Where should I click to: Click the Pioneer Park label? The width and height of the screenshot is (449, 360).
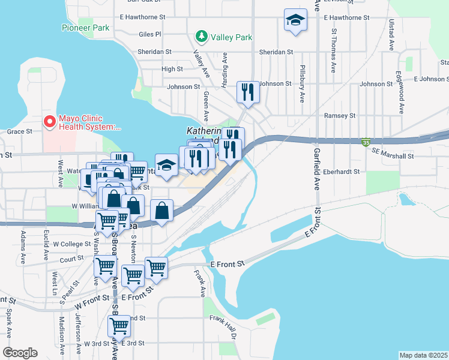click(x=85, y=28)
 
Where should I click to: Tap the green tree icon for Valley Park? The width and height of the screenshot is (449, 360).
click(x=202, y=37)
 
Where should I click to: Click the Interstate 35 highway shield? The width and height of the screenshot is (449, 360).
click(x=365, y=142)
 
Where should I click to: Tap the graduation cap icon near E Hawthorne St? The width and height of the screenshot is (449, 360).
click(x=295, y=21)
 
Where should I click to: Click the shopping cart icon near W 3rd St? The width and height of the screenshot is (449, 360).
click(x=119, y=327)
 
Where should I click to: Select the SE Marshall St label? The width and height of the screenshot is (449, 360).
click(x=393, y=156)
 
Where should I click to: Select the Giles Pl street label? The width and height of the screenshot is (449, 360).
click(x=150, y=35)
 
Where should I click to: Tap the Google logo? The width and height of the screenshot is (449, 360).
click(x=20, y=353)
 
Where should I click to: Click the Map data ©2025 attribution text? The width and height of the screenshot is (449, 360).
click(x=423, y=355)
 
